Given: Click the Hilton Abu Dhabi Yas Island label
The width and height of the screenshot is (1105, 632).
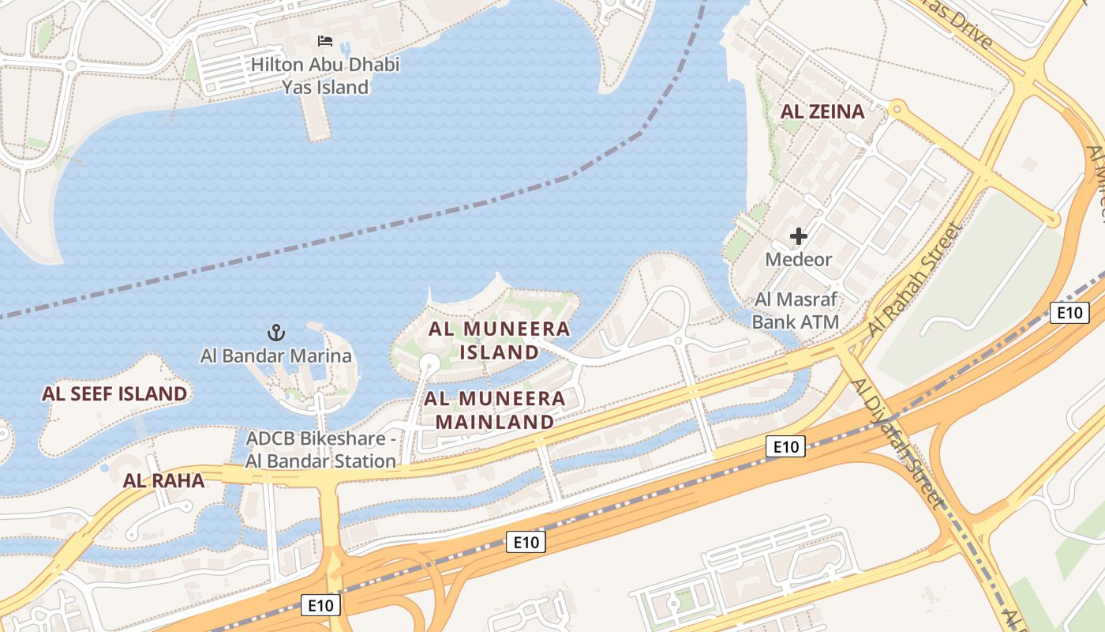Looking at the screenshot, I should [x=325, y=76].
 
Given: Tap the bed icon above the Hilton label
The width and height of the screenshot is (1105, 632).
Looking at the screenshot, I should [x=325, y=41].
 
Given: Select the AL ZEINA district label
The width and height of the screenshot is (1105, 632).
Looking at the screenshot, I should [x=822, y=111].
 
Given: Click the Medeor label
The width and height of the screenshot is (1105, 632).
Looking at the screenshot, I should [x=799, y=259].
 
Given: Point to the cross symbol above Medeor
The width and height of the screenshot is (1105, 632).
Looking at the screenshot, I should [x=799, y=235].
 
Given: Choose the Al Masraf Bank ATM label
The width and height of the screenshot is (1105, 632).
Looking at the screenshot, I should [x=796, y=310].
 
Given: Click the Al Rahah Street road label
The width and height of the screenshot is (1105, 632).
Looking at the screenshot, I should [x=916, y=278].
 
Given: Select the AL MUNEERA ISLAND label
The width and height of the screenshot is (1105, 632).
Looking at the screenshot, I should [x=500, y=340].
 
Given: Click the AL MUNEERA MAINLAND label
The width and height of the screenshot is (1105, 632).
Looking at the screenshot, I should [x=496, y=410].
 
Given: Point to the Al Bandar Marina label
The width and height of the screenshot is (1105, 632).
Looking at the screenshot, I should [x=276, y=355].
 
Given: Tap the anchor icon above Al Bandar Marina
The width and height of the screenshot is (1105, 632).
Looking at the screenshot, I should [x=276, y=333].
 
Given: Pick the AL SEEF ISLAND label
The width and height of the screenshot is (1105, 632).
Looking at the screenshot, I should [x=115, y=393].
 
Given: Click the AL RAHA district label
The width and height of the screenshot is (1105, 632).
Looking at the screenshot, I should [x=163, y=480].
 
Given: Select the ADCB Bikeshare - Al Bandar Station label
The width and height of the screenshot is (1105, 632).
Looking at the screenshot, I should [x=321, y=450].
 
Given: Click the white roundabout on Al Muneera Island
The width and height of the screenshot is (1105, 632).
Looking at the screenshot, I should [x=429, y=363].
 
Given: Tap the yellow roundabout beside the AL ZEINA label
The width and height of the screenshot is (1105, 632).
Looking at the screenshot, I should [x=896, y=107].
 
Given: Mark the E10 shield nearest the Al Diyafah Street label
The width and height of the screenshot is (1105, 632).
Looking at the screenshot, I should [x=786, y=447].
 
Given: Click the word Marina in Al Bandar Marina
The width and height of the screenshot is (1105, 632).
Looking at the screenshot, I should [x=320, y=355].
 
